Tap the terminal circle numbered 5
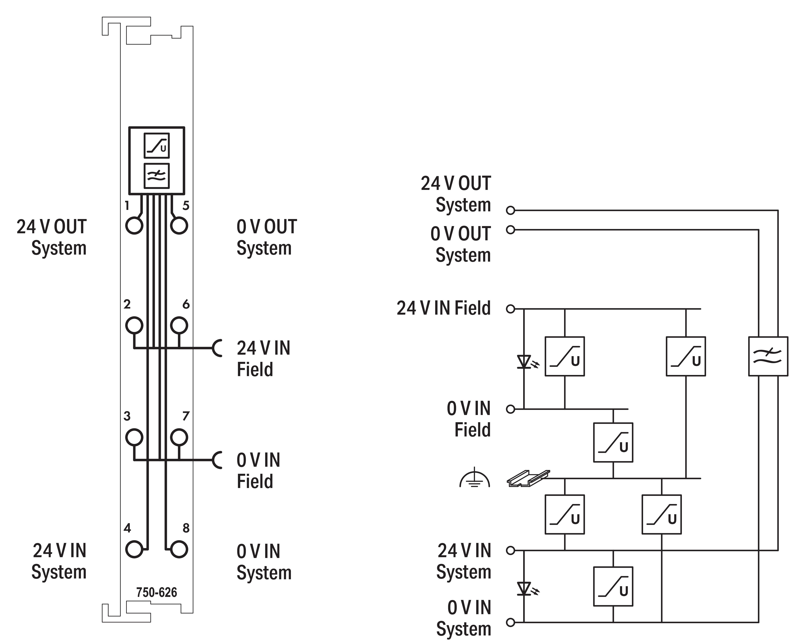tap(179, 225)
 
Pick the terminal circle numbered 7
tap(179, 437)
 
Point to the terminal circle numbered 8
tap(179, 549)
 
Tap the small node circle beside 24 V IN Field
tap(510, 309)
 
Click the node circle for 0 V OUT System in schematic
tap(510, 230)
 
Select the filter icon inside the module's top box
tap(156, 176)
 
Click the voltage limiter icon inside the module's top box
tap(156, 146)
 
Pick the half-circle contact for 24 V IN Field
tap(218, 348)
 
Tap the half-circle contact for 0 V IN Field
tap(218, 460)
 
